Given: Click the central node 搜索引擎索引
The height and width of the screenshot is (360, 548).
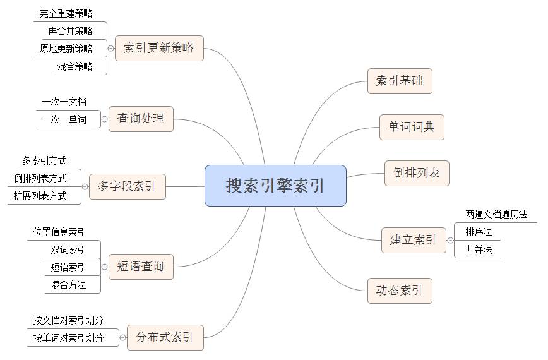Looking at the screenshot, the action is pos(275,186).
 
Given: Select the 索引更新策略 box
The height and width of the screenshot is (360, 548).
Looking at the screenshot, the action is pos(159,48).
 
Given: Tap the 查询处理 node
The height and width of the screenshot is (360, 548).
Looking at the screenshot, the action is pos(141,119).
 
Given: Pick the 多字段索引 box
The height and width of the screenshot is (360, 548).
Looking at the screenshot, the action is pos(128,187).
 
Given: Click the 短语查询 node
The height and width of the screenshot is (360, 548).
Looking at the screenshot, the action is pos(141,267).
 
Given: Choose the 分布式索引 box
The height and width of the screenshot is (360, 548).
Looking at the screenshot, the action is pos(165,338).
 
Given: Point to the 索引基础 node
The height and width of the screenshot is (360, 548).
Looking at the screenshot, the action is pos(400,81).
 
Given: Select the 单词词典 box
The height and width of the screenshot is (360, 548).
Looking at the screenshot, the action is pos(412,127).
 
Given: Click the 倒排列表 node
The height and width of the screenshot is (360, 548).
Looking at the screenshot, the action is pos(417,173).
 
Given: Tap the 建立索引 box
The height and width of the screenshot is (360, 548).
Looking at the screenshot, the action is pos(414,240).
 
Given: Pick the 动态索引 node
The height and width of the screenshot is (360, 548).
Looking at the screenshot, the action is pos(400,291).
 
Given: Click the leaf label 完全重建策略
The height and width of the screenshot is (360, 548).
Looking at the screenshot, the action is pos(66,14).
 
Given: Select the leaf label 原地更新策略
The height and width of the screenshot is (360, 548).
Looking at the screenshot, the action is pos(66,49).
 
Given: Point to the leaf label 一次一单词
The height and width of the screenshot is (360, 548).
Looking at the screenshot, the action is pos(64,119).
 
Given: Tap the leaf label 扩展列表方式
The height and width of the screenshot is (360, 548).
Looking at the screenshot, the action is pos(40,196).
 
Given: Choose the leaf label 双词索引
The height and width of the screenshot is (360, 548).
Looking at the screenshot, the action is pos(68,249).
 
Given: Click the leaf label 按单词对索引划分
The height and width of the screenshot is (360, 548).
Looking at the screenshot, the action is pos(68,338).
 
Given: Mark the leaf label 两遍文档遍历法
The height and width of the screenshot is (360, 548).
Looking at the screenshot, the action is pos(496,214).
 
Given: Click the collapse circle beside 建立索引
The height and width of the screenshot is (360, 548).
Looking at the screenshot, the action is pos(450,241).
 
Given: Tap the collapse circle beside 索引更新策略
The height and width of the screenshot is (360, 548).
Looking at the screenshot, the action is pos(110,49).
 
